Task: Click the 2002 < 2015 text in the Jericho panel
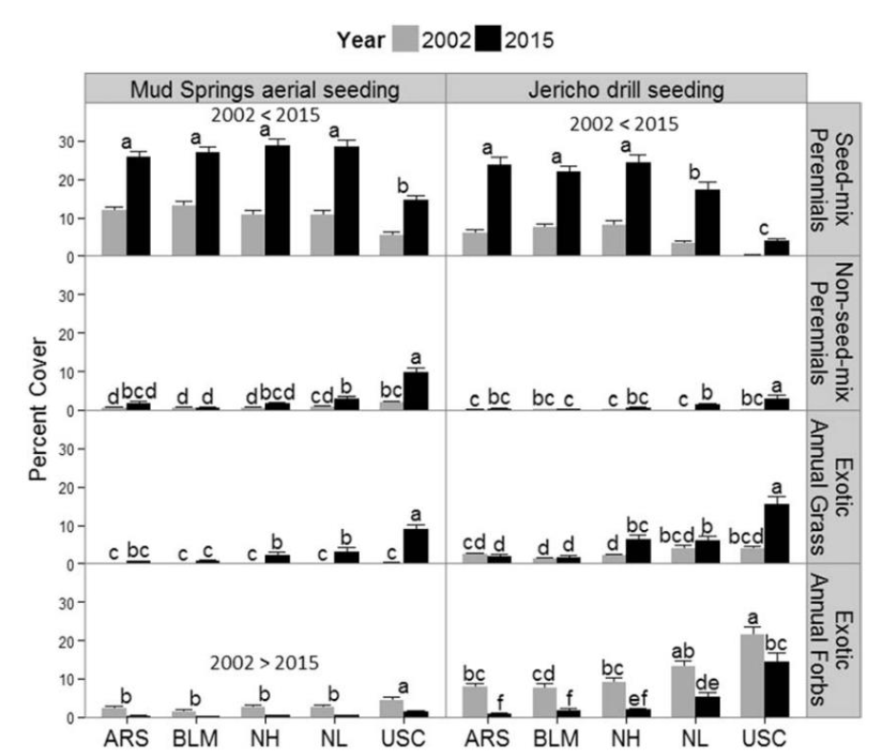[x=624, y=123]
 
